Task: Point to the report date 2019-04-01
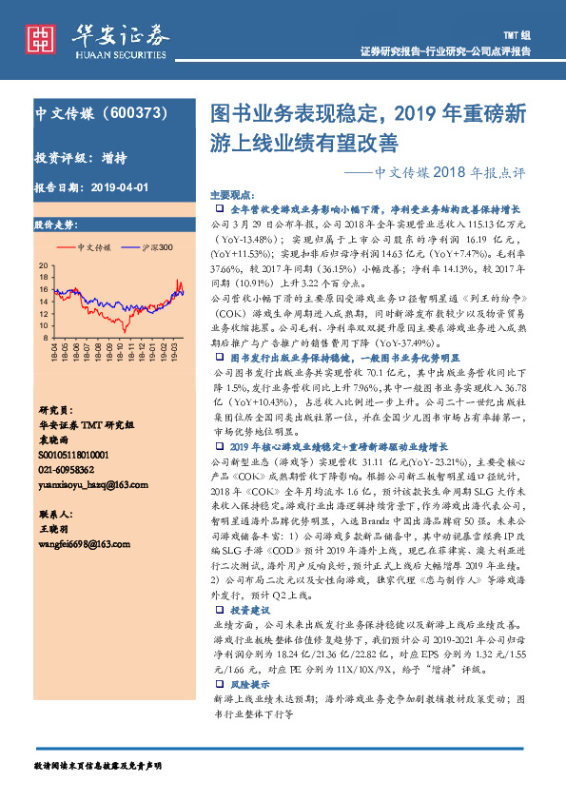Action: tap(115, 187)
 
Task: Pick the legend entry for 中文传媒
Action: tap(93, 247)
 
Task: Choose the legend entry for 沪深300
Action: tap(156, 247)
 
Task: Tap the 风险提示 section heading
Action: tap(251, 684)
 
